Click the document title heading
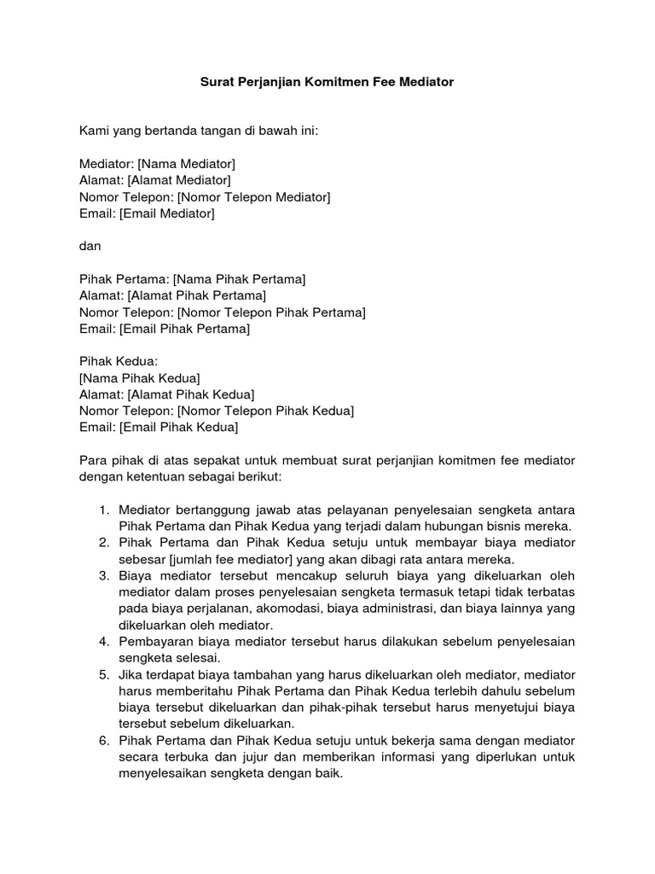point(327,83)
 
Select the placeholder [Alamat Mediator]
point(179,180)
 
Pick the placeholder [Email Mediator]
point(167,213)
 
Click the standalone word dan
point(90,246)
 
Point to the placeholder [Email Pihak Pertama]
point(185,329)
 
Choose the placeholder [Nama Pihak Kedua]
point(140,378)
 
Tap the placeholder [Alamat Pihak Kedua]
point(191,394)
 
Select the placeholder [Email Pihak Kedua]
point(179,427)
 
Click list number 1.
point(103,510)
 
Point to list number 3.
point(103,575)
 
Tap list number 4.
point(103,641)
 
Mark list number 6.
point(103,739)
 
